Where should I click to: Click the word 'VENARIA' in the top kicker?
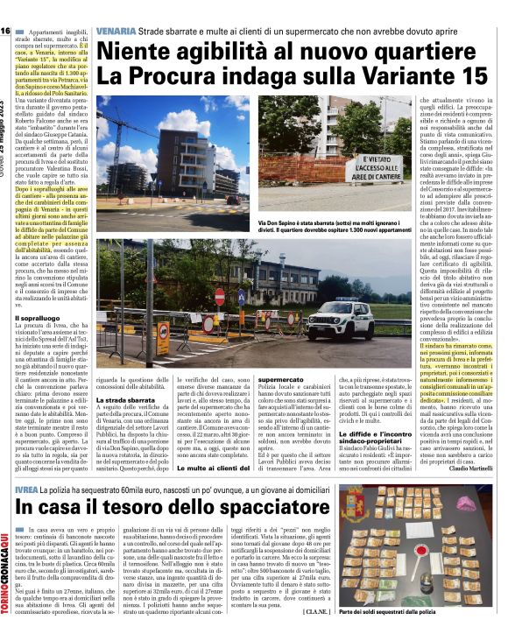[116, 32]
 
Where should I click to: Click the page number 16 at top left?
[5, 32]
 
